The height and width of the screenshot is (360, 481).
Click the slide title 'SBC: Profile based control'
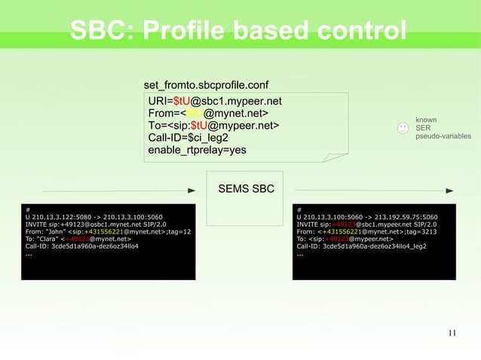238,31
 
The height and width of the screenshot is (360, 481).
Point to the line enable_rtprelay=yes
197,149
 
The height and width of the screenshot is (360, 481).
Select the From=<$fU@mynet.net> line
209,113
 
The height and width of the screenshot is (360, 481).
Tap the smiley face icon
403,129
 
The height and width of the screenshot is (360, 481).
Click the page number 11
452,333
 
